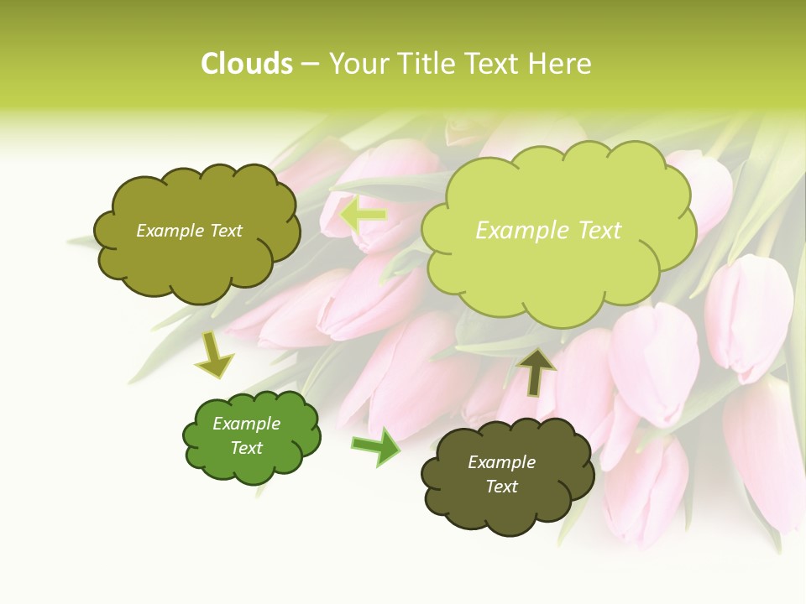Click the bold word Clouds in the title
[247, 64]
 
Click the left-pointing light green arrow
[363, 216]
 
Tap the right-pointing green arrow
[376, 446]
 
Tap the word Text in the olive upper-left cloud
[224, 231]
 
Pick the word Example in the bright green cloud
[246, 424]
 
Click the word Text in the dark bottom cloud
[501, 487]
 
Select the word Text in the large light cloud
[599, 231]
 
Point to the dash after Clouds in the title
[310, 65]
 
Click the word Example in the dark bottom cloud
[501, 462]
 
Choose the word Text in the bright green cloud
[246, 448]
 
